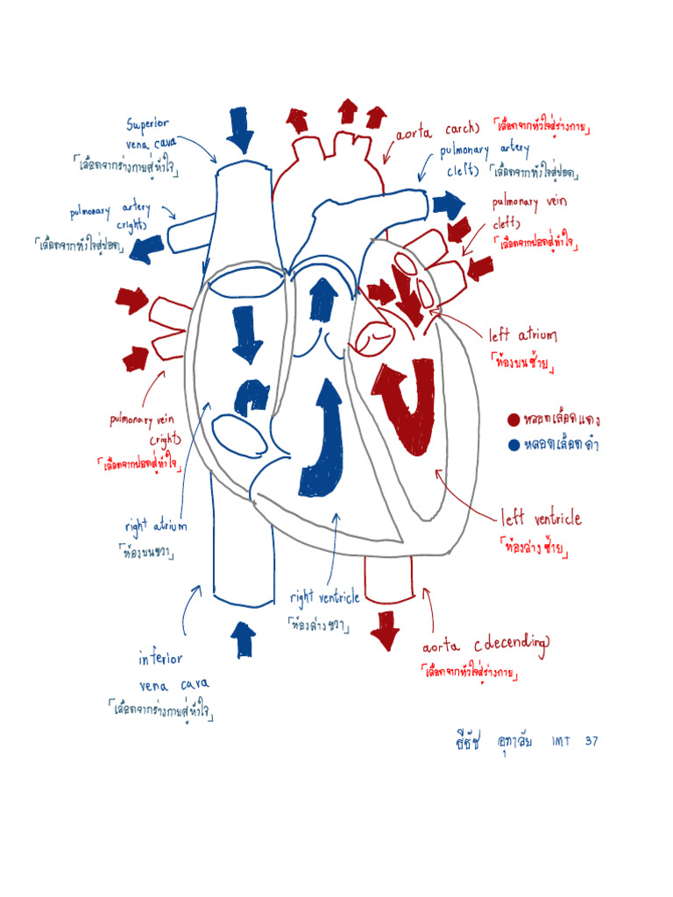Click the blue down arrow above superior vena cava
239,130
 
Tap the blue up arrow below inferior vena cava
244,639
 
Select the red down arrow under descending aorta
384,629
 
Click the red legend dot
514,419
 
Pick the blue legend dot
514,445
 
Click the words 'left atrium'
523,335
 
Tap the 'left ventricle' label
541,519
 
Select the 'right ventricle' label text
324,598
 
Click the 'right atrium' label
155,526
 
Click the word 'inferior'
160,658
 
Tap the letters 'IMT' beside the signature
561,741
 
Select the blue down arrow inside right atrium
247,335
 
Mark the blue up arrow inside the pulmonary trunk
323,298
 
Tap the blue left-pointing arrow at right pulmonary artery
147,247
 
